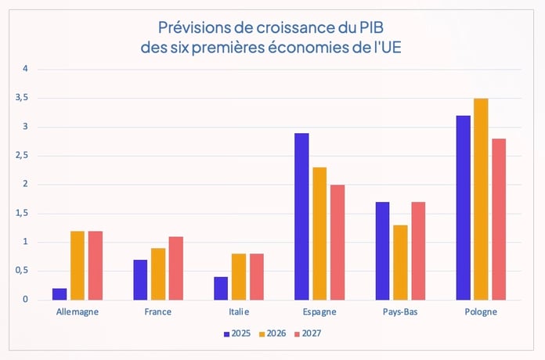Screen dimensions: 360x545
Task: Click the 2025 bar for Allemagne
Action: click(60, 294)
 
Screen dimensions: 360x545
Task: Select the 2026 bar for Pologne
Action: click(482, 200)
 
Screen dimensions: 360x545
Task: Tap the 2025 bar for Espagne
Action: click(301, 217)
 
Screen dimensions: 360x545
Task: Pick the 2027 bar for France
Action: click(176, 268)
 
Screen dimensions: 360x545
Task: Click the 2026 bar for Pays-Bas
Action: click(401, 262)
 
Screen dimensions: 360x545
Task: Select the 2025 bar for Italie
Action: click(221, 288)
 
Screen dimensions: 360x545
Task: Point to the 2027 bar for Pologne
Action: click(499, 219)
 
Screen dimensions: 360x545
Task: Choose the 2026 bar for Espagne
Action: click(319, 234)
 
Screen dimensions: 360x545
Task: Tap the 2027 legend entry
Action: click(308, 333)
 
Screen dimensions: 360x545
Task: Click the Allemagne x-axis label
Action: click(78, 311)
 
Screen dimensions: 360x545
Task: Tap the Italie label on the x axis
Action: click(238, 311)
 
